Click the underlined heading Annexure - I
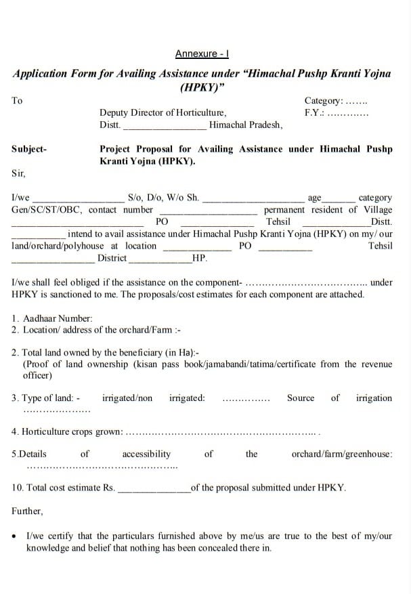click(x=202, y=54)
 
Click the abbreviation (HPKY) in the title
click(x=202, y=87)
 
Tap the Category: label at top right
click(x=323, y=100)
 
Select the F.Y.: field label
click(x=314, y=112)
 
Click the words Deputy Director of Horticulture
click(x=163, y=112)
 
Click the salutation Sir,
click(x=18, y=173)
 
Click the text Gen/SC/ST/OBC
click(x=47, y=210)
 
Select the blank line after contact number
click(x=208, y=211)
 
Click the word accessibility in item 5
click(x=146, y=454)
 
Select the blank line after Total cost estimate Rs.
click(x=154, y=488)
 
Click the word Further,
click(x=27, y=511)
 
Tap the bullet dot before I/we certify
click(x=15, y=536)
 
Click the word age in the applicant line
click(x=314, y=198)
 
